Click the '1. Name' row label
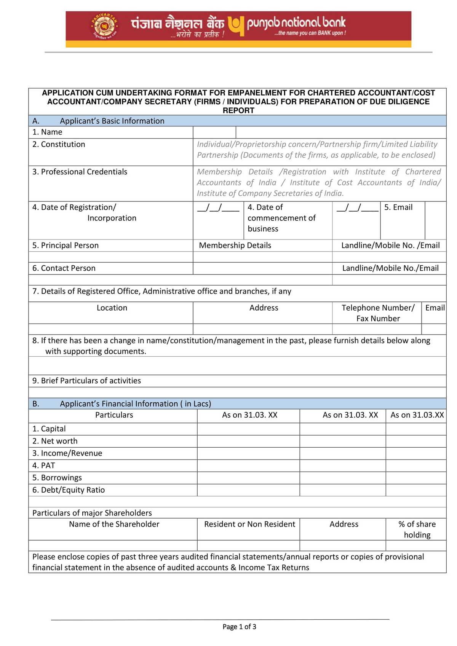pos(47,132)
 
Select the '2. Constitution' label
pos(59,144)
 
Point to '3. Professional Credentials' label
pos(80,172)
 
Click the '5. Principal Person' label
pos(65,246)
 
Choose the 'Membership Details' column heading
pos(235,246)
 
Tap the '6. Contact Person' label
pos(64,268)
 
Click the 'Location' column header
pos(112,308)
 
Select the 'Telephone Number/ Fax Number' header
pos(378,313)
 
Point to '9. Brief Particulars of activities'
pos(86,381)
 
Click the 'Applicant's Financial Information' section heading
pos(135,404)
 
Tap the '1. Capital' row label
pos(49,429)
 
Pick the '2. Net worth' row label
pos(55,441)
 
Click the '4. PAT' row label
pos(43,466)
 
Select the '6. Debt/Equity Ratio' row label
pos(69,490)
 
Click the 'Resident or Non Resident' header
pos(249,524)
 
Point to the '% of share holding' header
pos(417,530)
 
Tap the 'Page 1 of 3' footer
pos(239,627)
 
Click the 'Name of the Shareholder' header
pos(114,524)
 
